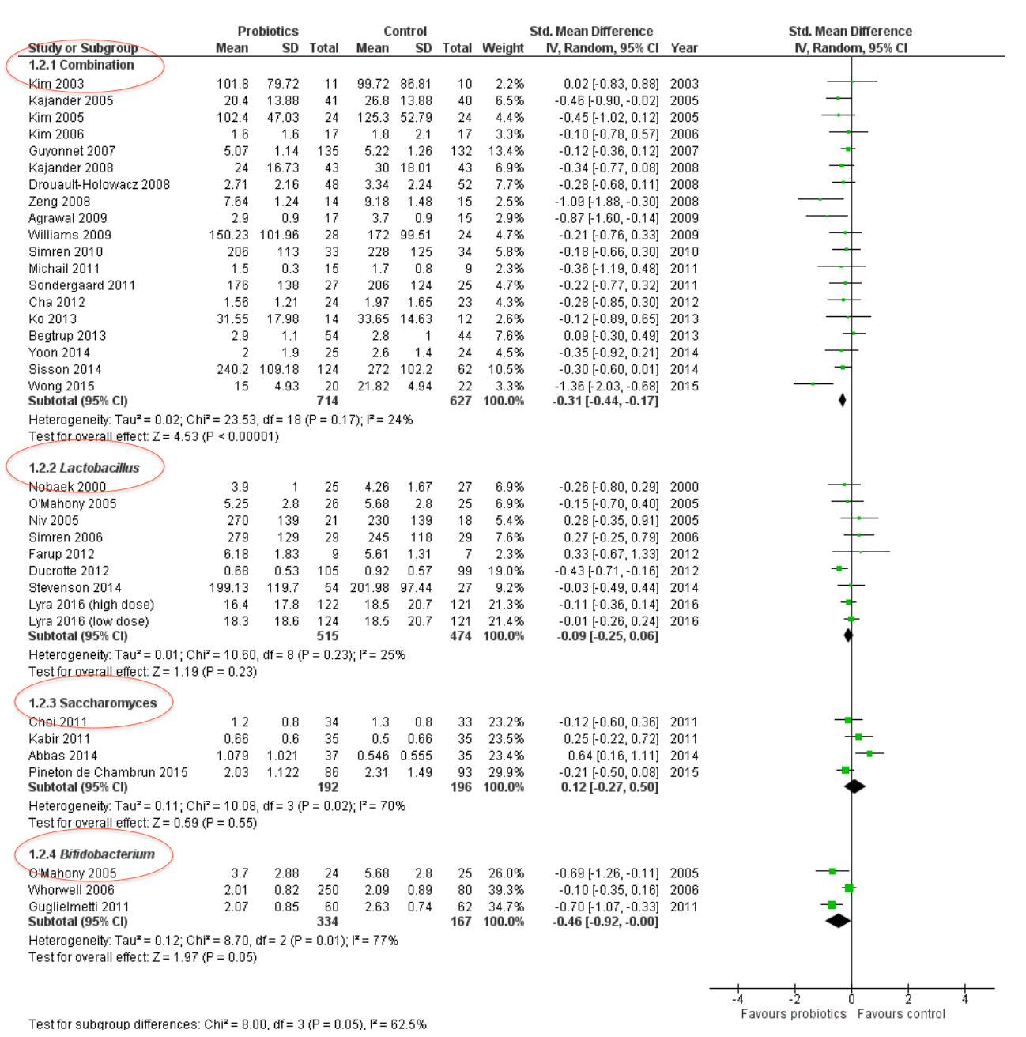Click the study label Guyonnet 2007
tap(72, 151)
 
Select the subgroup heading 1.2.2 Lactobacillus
tap(84, 468)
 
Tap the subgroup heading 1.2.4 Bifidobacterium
tap(92, 854)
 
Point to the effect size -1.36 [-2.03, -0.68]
tap(606, 387)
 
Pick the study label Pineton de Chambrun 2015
tap(108, 772)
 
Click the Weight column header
tap(503, 48)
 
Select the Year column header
tap(684, 48)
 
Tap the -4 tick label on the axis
tap(738, 999)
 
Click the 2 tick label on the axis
tap(908, 999)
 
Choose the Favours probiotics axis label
tap(793, 1014)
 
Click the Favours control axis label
tap(901, 1014)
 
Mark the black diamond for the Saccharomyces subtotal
tap(854, 786)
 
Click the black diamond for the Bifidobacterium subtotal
tap(838, 921)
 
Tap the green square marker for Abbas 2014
tap(869, 754)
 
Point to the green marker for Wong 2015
tap(813, 384)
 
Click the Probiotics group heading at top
tap(268, 32)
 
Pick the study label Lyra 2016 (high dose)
tap(92, 605)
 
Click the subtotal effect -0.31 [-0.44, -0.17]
tap(606, 401)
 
